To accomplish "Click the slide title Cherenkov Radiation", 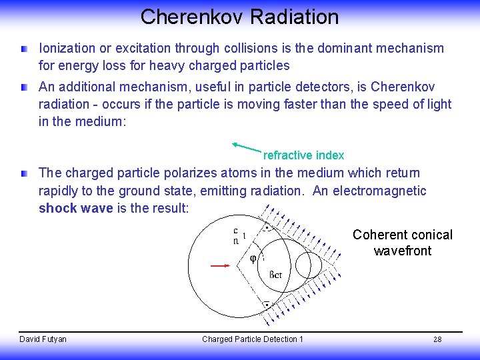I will [239, 17].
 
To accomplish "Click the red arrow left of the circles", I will [221, 265].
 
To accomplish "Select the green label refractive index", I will [303, 155].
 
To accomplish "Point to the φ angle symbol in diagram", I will [253, 259].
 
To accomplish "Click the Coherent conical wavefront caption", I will [402, 243].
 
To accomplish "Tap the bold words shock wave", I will [74, 208].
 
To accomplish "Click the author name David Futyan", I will [43, 339].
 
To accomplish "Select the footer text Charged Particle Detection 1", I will [252, 339].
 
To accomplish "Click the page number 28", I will [437, 339].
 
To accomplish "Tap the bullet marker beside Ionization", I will [24, 49].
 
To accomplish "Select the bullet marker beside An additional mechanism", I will [24, 87].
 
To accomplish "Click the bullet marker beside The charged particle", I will [24, 173].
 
